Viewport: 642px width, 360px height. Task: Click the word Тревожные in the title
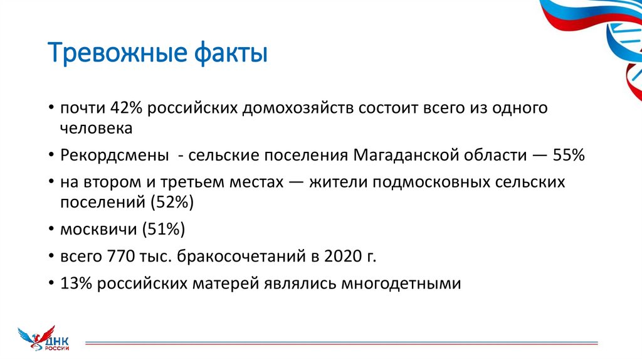pos(115,53)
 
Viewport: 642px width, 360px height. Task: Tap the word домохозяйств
pos(295,107)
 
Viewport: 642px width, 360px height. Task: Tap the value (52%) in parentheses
pos(172,202)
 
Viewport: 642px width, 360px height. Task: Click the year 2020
pos(342,256)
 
